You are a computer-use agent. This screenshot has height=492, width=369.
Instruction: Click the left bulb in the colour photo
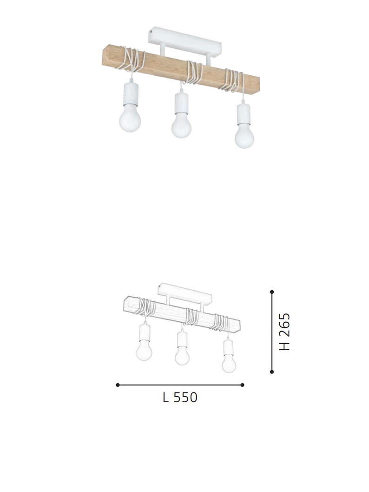(x=129, y=119)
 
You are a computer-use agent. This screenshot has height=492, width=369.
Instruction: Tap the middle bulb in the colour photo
(x=181, y=126)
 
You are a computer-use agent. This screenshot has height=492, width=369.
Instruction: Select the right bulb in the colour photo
(x=244, y=136)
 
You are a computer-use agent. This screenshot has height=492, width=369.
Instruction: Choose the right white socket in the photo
(x=243, y=113)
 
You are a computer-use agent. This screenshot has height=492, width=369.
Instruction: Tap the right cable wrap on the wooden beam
(x=232, y=80)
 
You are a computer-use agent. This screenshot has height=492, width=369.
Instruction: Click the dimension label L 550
(x=180, y=398)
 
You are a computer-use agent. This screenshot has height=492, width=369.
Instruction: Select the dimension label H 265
(x=285, y=332)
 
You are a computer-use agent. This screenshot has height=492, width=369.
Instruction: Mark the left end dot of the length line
(x=118, y=385)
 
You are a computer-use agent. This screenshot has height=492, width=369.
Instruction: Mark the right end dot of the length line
(x=243, y=385)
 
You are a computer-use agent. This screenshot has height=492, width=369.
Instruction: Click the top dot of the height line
(x=272, y=292)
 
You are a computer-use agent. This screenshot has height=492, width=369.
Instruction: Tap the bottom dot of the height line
(x=272, y=372)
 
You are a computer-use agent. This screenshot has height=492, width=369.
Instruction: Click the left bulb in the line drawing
(x=144, y=352)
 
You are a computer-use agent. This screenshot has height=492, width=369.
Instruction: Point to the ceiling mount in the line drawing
(x=184, y=292)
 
